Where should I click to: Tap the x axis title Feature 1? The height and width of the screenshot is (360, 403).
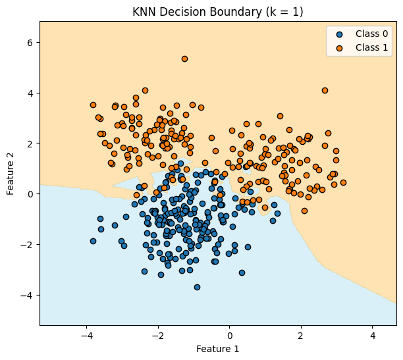pos(217,349)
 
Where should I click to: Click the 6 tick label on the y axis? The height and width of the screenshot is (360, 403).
pos(30,42)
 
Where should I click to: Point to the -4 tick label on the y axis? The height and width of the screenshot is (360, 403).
pos(28,295)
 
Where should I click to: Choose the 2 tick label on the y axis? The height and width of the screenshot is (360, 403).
pos(30,143)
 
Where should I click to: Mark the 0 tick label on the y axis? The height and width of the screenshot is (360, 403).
pos(30,194)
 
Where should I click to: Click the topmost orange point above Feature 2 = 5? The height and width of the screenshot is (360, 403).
pos(184,59)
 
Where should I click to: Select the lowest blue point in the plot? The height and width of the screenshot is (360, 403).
pos(197,287)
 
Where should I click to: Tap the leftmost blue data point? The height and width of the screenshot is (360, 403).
pos(93,241)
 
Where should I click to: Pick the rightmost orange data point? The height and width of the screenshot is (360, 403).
pos(343,182)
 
